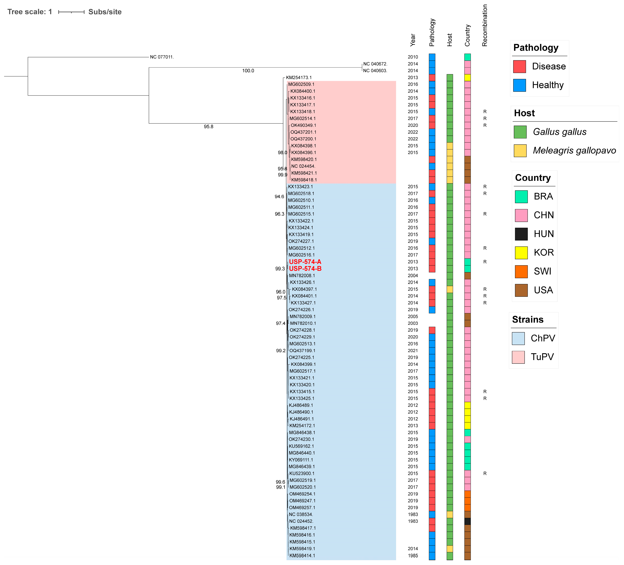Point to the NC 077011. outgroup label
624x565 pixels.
pos(162,57)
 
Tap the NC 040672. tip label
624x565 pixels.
pos(375,64)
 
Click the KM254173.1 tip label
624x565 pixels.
pos(299,78)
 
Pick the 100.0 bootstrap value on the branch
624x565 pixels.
pos(248,71)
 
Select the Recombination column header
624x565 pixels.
pos(485,25)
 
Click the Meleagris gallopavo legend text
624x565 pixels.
pos(574,151)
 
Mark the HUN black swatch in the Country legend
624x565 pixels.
pos(521,234)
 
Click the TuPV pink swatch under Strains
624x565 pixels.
pos(518,357)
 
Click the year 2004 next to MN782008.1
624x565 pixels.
pos(413,276)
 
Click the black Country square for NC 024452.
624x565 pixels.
pos(467,521)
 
